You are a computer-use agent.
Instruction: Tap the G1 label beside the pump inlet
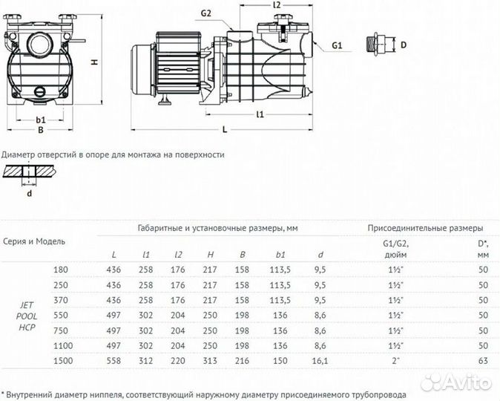click(337, 46)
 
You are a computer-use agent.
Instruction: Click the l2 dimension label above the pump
click(277, 5)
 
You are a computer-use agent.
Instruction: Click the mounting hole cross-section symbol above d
click(29, 172)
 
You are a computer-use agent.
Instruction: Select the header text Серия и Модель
click(35, 241)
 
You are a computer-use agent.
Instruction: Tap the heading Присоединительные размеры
click(425, 228)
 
